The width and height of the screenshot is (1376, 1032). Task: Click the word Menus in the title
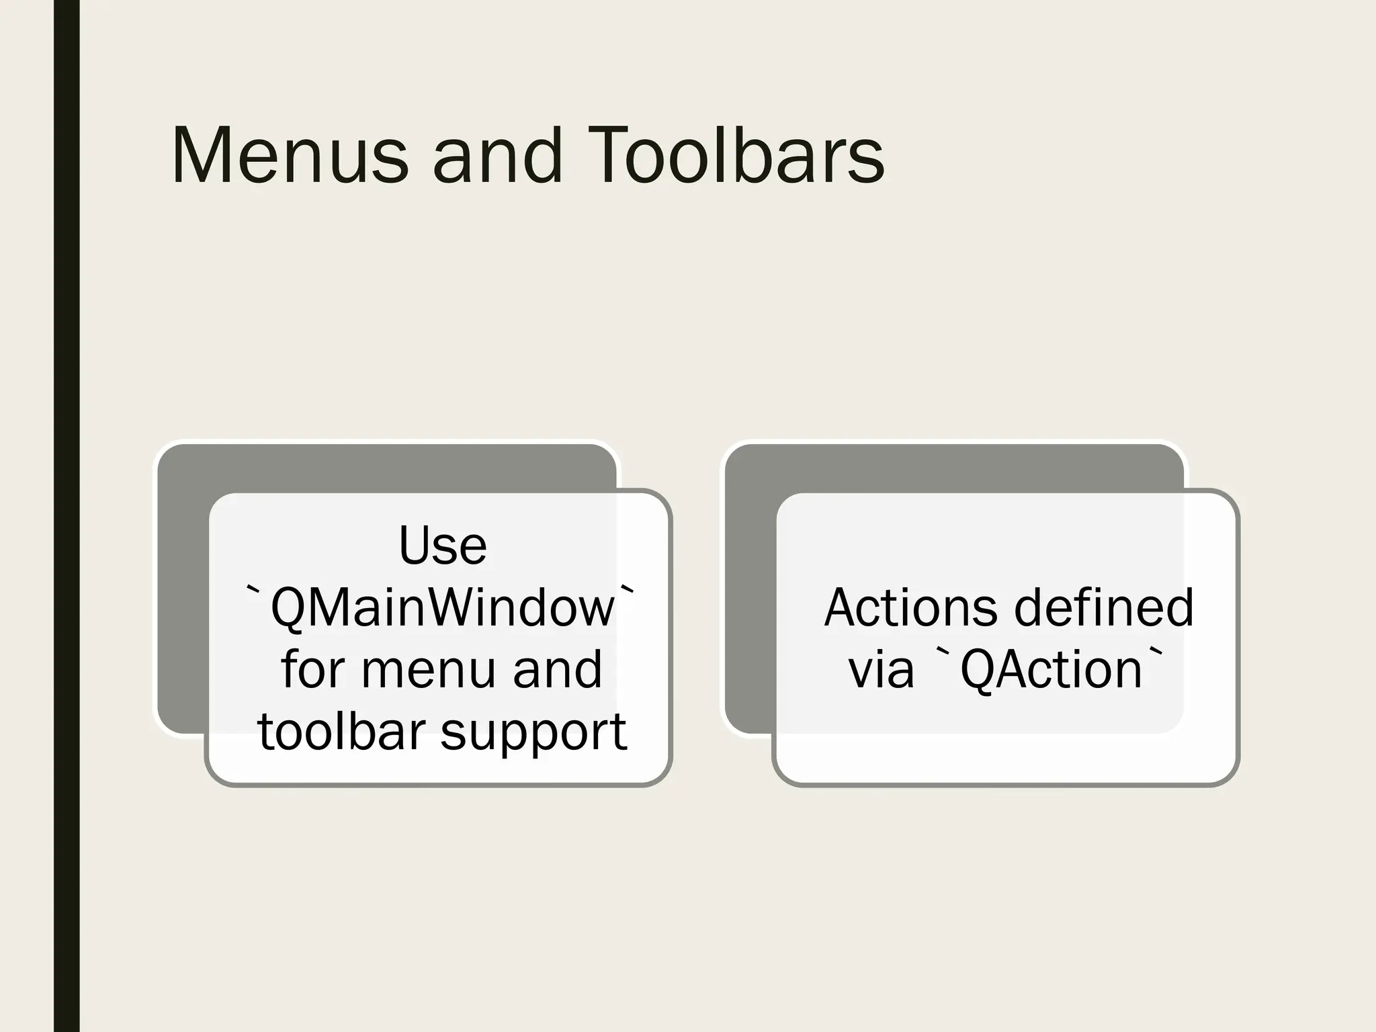pyautogui.click(x=290, y=156)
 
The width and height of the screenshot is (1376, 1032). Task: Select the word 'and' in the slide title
pyautogui.click(x=497, y=156)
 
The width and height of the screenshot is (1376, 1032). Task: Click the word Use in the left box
pyautogui.click(x=442, y=546)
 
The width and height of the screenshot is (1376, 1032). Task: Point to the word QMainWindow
pyautogui.click(x=442, y=607)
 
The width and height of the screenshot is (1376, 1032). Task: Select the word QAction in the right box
pyautogui.click(x=1051, y=670)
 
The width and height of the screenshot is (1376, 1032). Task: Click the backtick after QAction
pyautogui.click(x=1156, y=653)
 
